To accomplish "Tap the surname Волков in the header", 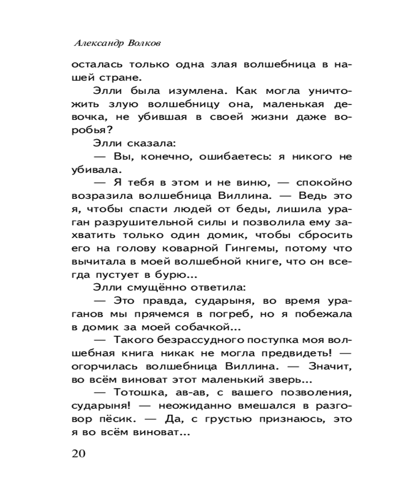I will click(146, 44).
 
